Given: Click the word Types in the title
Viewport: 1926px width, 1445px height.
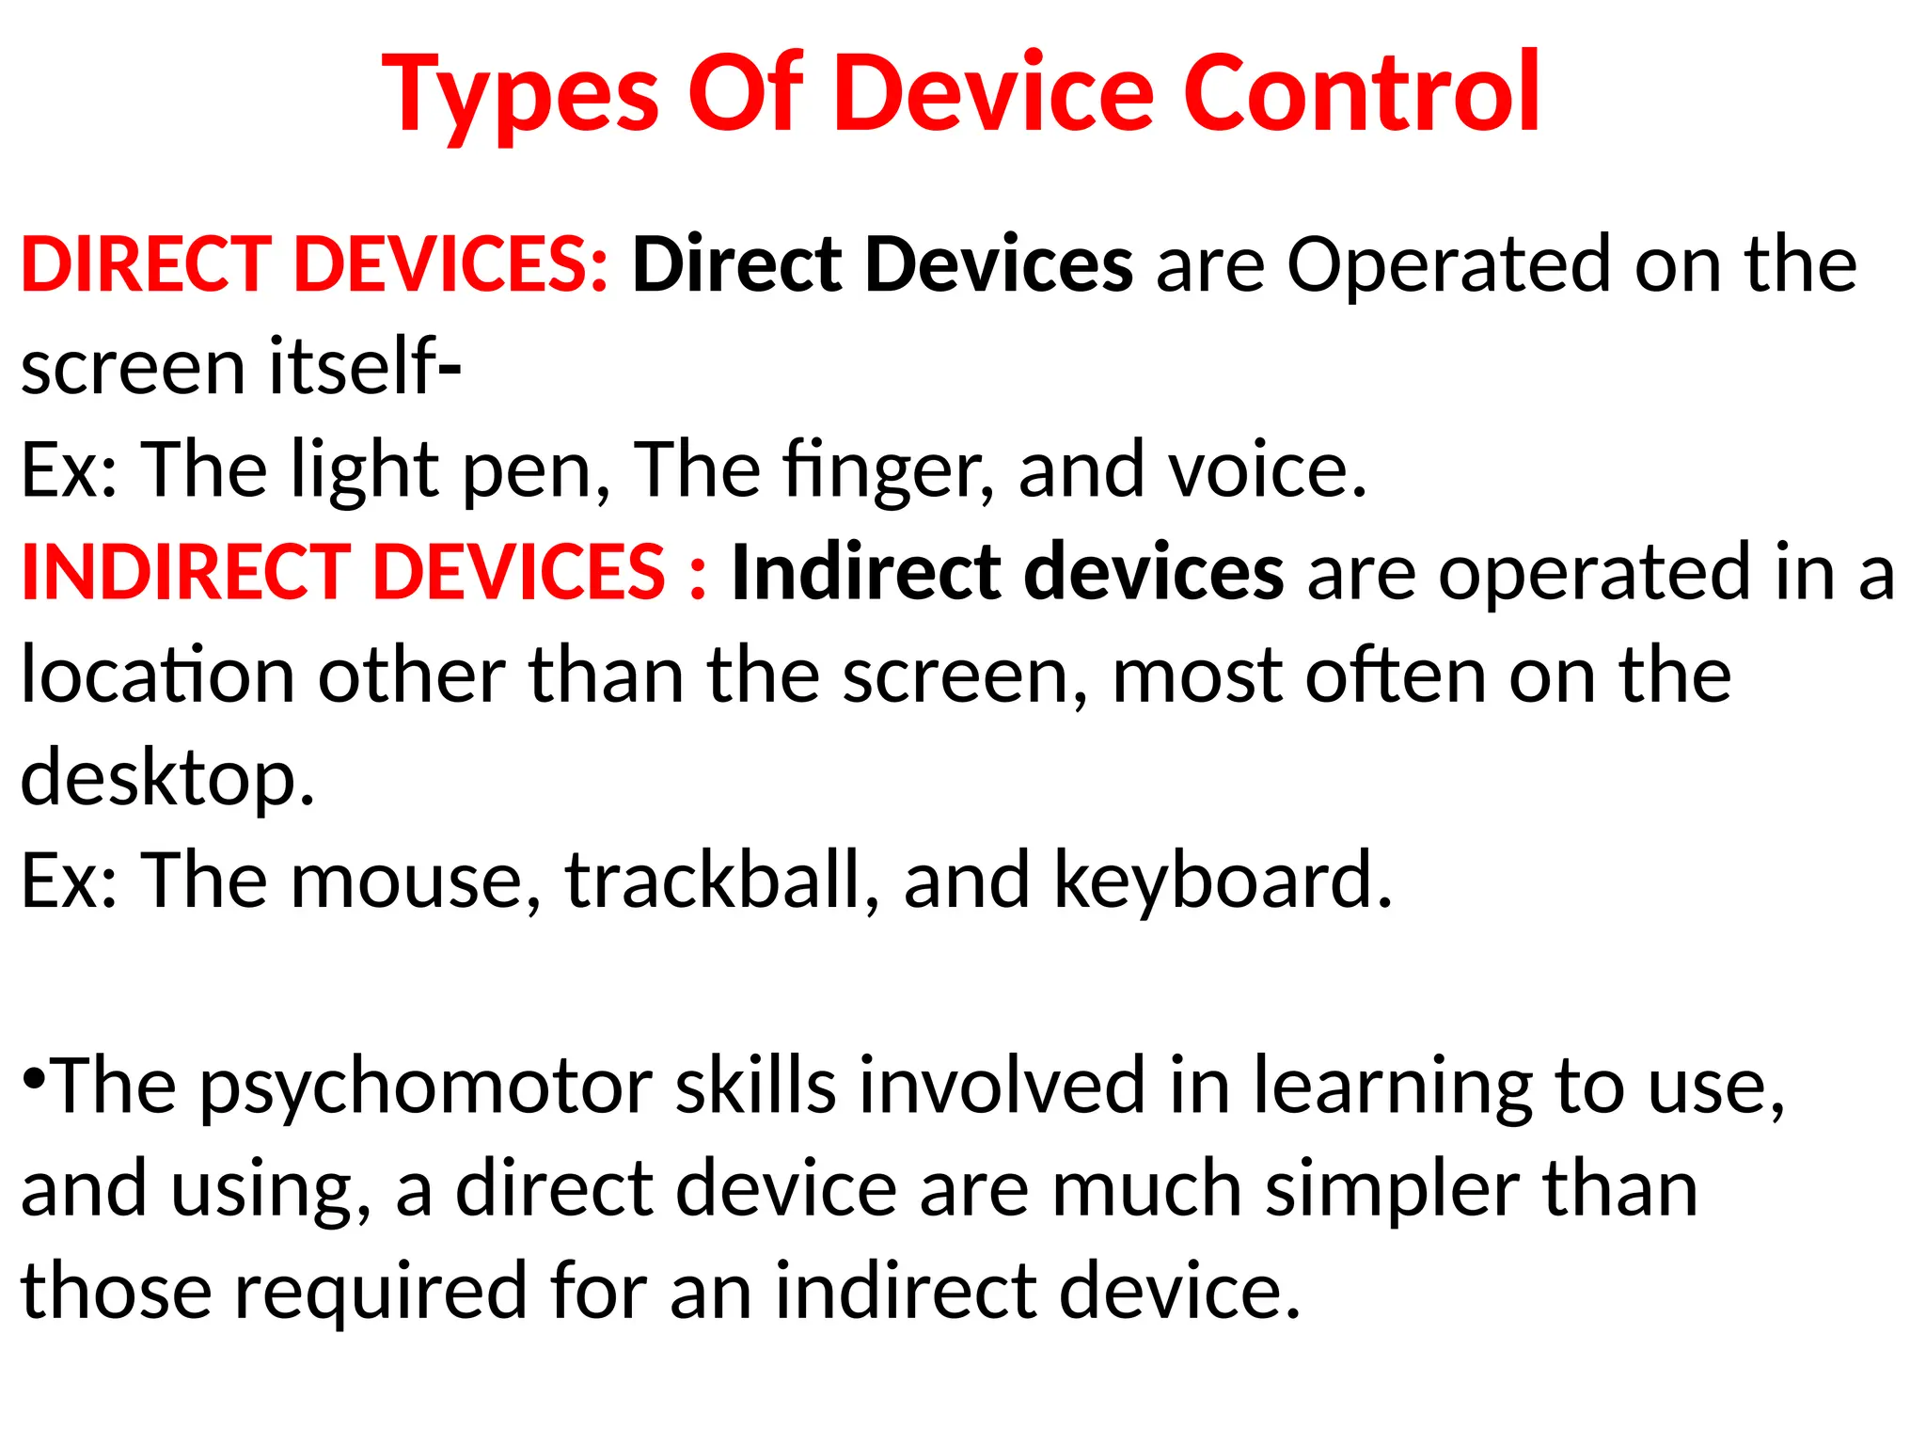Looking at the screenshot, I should tap(521, 94).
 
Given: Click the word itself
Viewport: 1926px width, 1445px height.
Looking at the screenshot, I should tap(353, 367).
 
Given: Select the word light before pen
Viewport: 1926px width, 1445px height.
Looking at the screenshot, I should tap(364, 469).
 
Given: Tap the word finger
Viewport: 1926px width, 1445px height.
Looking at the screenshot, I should tap(888, 469).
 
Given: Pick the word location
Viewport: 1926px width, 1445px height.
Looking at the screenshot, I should tap(158, 675).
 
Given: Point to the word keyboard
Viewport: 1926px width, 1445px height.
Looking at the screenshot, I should tap(1222, 881).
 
